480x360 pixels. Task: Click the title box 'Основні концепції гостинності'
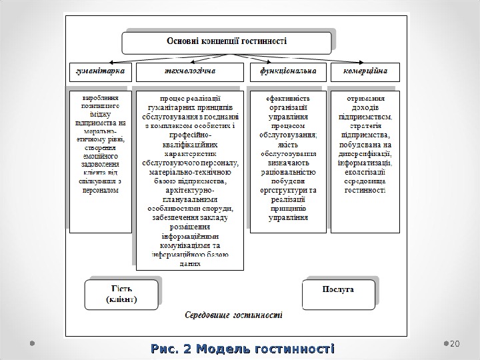(226, 41)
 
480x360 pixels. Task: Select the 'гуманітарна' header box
(101, 70)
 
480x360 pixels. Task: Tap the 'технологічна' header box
(190, 70)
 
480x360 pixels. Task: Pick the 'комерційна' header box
(366, 70)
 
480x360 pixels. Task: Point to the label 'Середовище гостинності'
(233, 315)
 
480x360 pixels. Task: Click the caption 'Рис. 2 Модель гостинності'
(243, 349)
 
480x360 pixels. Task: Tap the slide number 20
(456, 343)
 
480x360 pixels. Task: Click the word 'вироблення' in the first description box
(101, 97)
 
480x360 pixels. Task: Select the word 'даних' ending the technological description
(190, 263)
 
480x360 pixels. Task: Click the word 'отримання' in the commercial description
(365, 97)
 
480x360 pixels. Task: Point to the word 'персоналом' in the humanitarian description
(101, 189)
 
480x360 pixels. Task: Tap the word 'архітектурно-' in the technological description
(190, 189)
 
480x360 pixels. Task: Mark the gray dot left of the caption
(31, 343)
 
